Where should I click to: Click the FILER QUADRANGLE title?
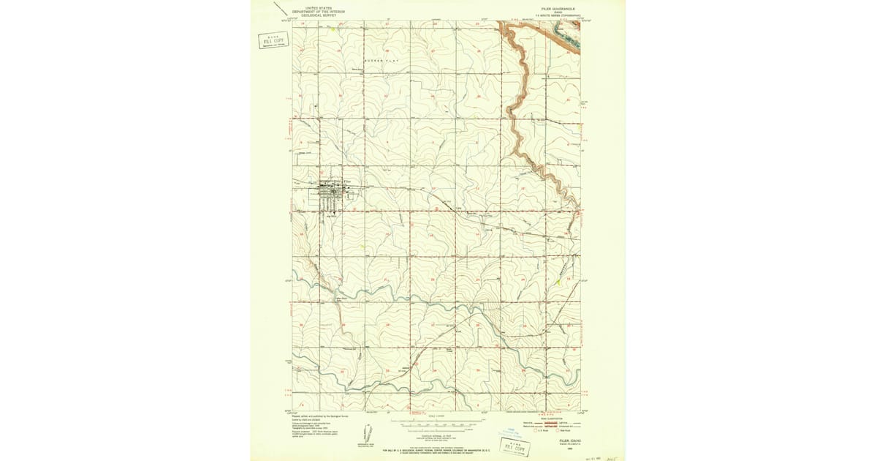click(559, 10)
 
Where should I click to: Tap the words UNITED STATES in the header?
click(318, 8)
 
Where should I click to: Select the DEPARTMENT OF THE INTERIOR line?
click(318, 12)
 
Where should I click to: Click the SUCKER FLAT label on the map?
click(380, 60)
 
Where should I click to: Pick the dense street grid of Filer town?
click(333, 194)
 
